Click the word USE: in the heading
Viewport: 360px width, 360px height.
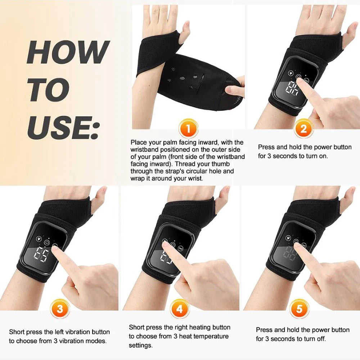(x=63, y=126)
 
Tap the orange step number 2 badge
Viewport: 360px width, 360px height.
(x=303, y=129)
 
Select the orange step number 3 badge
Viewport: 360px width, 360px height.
(x=60, y=309)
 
